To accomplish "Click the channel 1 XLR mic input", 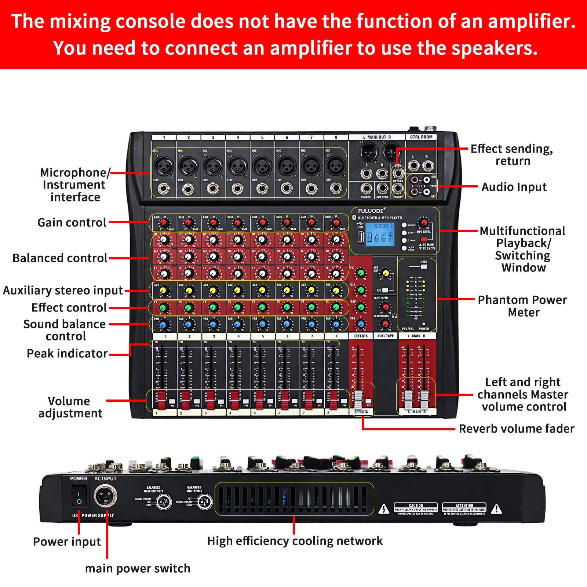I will (x=164, y=167).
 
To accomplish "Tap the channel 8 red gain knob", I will (x=336, y=223).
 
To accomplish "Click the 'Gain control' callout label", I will (x=72, y=222).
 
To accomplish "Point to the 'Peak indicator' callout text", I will (x=67, y=353).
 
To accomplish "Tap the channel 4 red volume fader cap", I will (x=235, y=400).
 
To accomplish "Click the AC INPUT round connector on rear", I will (x=106, y=496).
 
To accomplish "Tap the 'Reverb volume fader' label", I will (x=516, y=429).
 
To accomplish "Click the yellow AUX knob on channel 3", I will (x=213, y=291).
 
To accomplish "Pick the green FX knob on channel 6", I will (x=287, y=307).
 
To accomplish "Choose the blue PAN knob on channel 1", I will (x=164, y=325).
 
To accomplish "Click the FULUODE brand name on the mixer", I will (x=371, y=211).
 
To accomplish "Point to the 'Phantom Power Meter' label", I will (x=522, y=306).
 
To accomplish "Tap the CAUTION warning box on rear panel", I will (x=416, y=508).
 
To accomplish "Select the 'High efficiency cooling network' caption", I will (x=295, y=541).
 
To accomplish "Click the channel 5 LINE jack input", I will (x=262, y=189).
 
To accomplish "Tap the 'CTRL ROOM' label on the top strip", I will (x=421, y=137).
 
